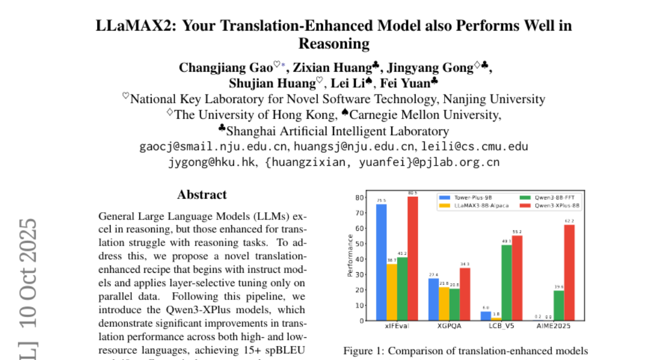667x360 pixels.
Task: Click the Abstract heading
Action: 202,194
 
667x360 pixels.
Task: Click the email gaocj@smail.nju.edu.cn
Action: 213,147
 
